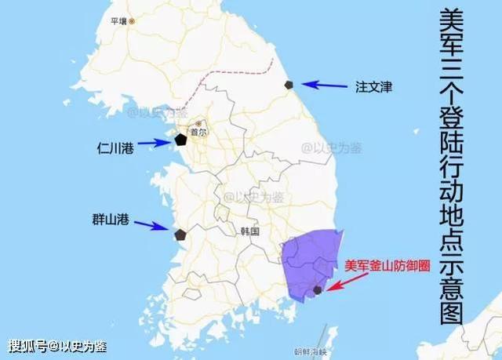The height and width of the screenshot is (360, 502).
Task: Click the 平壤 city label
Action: [122, 21]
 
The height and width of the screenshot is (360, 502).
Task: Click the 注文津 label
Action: [373, 87]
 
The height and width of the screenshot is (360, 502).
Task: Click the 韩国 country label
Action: [249, 232]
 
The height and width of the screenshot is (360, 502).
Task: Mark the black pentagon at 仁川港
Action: [180, 140]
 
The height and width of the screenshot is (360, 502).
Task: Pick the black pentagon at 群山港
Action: [180, 234]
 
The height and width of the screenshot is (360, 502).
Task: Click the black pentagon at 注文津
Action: [290, 84]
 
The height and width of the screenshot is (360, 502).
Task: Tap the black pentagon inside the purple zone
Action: [317, 290]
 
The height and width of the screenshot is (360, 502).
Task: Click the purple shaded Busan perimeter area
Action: [306, 259]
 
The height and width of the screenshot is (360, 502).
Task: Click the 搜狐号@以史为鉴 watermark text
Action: [57, 345]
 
